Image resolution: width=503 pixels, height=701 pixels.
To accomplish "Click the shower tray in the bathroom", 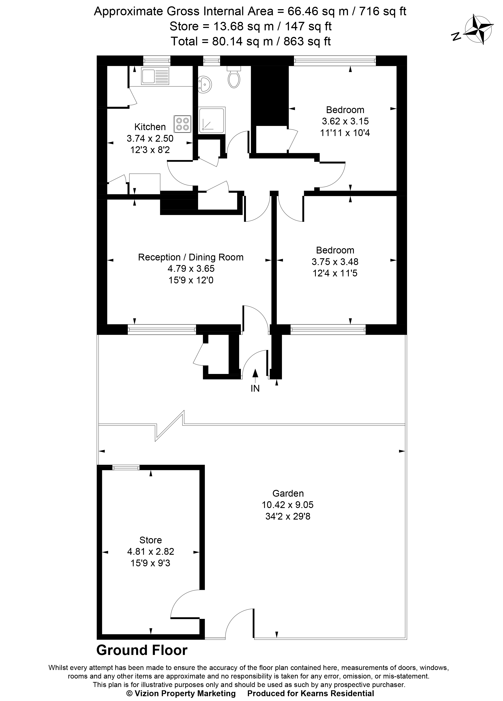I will [x=212, y=120].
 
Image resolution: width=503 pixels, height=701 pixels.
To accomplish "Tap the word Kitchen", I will [x=150, y=127].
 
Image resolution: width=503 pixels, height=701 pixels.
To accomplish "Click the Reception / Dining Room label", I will [x=190, y=257].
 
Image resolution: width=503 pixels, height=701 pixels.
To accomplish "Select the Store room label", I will [x=150, y=540].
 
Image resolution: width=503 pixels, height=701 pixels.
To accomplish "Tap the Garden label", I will [x=288, y=493].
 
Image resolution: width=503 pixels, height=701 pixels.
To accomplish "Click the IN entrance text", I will [x=255, y=389].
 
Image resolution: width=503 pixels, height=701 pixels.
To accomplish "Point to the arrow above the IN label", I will [x=255, y=374].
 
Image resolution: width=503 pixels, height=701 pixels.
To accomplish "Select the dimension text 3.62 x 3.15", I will [x=345, y=121].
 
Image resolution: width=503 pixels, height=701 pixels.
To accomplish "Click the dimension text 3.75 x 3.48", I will [x=335, y=262].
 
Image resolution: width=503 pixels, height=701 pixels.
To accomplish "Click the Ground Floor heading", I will [x=142, y=650].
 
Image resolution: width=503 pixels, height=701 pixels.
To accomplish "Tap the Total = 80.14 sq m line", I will [x=251, y=41].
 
